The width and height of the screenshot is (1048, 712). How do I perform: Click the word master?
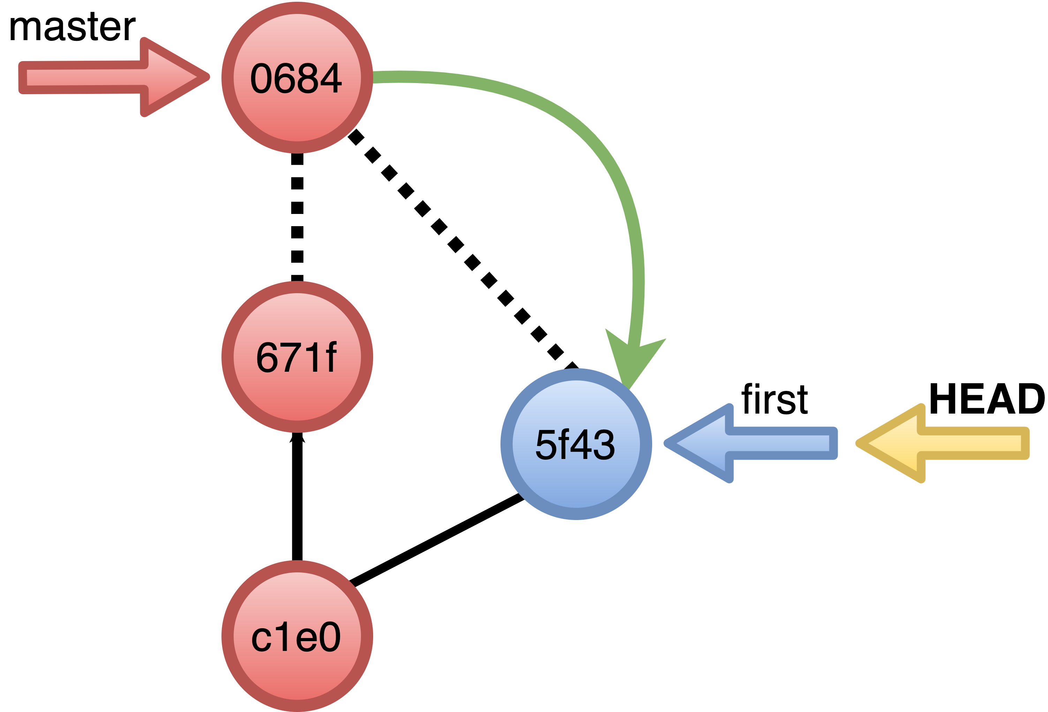tap(72, 27)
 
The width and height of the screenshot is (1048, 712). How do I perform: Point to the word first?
tap(774, 399)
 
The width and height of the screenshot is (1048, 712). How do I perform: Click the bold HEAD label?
tap(986, 399)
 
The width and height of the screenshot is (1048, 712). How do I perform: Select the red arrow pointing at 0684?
tap(113, 77)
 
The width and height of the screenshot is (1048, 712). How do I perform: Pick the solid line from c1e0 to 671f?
tap(297, 501)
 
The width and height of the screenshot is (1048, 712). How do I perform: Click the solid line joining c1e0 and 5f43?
tap(435, 541)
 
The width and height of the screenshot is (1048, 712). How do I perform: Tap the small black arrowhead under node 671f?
tap(297, 437)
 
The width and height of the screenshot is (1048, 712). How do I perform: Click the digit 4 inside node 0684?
tap(331, 78)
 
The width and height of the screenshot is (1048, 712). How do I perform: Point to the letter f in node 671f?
tap(331, 357)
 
